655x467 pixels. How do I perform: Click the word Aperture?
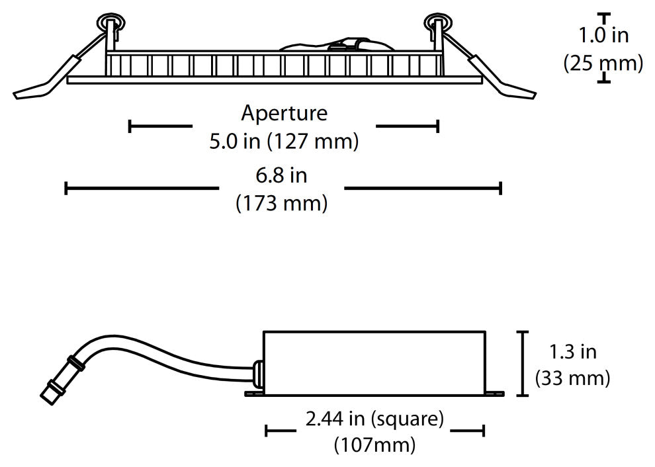click(284, 113)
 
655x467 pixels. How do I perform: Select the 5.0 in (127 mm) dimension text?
click(284, 142)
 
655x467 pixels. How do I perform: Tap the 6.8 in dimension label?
click(282, 176)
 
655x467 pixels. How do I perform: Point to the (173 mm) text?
click(282, 202)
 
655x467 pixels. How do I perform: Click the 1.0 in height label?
click(603, 35)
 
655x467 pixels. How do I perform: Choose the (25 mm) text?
click(603, 64)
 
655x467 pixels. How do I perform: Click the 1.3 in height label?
click(573, 351)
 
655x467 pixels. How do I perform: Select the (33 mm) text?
click(573, 378)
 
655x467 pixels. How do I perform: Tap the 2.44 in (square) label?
click(374, 419)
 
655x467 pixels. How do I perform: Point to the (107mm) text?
click(375, 445)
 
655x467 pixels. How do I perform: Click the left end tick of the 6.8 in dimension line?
click(66, 189)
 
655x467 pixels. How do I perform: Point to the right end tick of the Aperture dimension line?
click(437, 126)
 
